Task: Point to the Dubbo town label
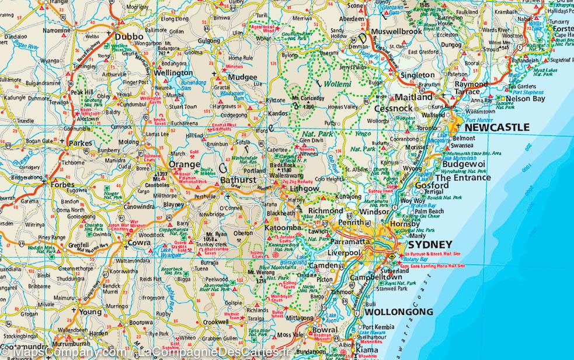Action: [130, 36]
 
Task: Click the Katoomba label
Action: [283, 227]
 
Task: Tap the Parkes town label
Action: [80, 143]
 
